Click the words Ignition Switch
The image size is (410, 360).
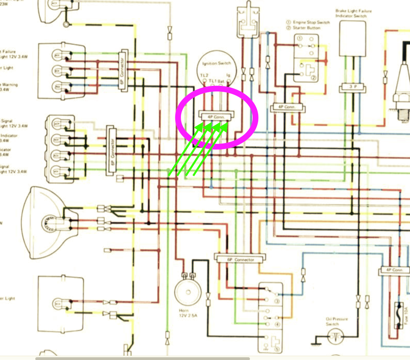(216, 64)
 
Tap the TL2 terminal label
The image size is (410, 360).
(204, 75)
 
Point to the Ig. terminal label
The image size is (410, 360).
(228, 75)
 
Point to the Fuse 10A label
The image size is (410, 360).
(404, 314)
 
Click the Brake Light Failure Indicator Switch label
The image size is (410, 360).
(353, 13)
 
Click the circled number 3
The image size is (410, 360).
(277, 301)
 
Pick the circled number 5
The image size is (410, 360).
(277, 339)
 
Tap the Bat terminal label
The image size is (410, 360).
(221, 81)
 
